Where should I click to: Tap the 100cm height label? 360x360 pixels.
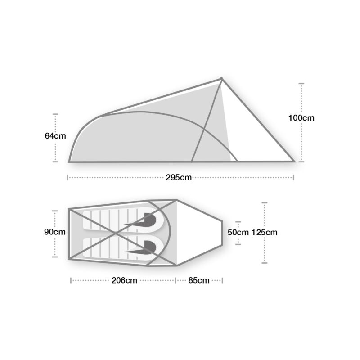point(301,118)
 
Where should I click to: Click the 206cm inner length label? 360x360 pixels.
point(125,280)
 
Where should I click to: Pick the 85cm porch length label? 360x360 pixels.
point(199,280)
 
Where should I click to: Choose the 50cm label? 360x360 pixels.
point(238,233)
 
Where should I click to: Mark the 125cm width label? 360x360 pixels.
point(265,233)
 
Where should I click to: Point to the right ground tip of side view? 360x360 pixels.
point(294,161)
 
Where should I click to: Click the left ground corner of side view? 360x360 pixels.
point(70,161)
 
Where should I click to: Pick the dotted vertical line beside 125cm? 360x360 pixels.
point(265,252)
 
